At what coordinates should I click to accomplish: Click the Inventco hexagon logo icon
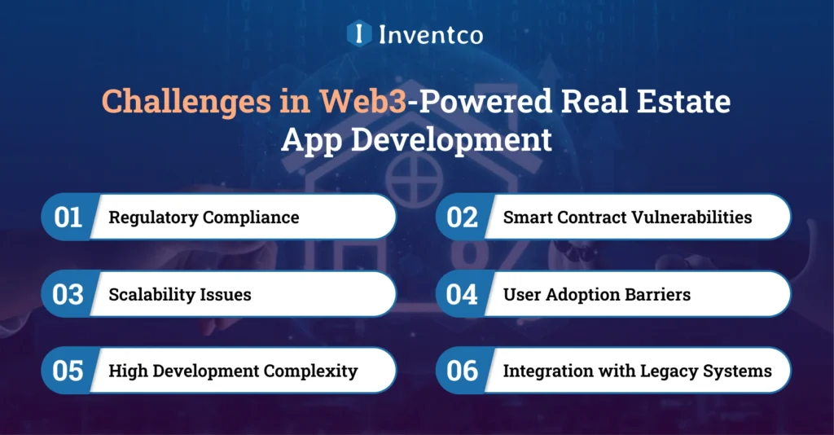point(359,34)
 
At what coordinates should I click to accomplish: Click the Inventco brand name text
point(430,35)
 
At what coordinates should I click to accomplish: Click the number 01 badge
point(69,217)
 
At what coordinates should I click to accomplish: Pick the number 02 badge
point(463,217)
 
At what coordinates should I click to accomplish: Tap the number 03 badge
point(69,294)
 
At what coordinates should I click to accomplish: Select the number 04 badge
point(463,294)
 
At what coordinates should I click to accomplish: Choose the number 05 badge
point(69,371)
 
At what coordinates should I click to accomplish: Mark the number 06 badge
point(463,371)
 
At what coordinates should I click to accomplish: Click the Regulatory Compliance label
point(204,217)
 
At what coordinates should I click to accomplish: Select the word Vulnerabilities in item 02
point(693,217)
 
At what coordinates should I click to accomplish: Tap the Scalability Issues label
point(180,294)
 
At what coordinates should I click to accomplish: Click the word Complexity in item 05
point(313,371)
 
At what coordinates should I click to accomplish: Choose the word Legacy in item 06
point(672,371)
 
